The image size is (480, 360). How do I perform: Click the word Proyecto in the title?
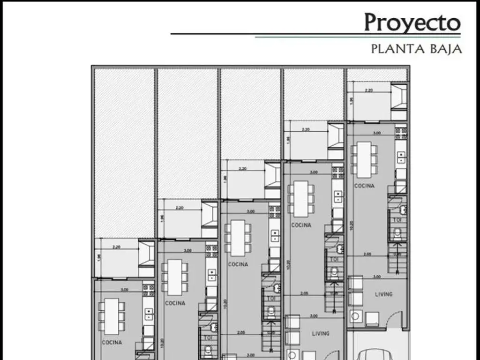point(412,22)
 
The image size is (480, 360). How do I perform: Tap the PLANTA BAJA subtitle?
point(416,48)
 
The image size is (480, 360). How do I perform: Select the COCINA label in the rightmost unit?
point(364,186)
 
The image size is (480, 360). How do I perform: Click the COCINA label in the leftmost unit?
point(112,342)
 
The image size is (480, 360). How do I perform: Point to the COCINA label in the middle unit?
point(238,264)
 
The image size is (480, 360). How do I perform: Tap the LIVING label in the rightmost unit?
point(383,294)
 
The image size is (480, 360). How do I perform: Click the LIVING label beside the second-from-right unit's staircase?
point(321,333)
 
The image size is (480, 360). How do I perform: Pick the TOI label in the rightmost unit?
point(397,219)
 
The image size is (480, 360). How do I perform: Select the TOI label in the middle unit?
point(271,298)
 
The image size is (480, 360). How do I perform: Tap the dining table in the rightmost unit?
point(364,160)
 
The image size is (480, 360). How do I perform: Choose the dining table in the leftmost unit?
point(112,316)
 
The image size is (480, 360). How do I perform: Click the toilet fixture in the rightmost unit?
point(397,233)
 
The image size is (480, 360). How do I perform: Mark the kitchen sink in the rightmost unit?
point(401,157)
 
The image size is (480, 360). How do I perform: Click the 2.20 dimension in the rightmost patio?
point(368,90)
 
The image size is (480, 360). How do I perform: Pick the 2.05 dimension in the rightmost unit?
point(367,254)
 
